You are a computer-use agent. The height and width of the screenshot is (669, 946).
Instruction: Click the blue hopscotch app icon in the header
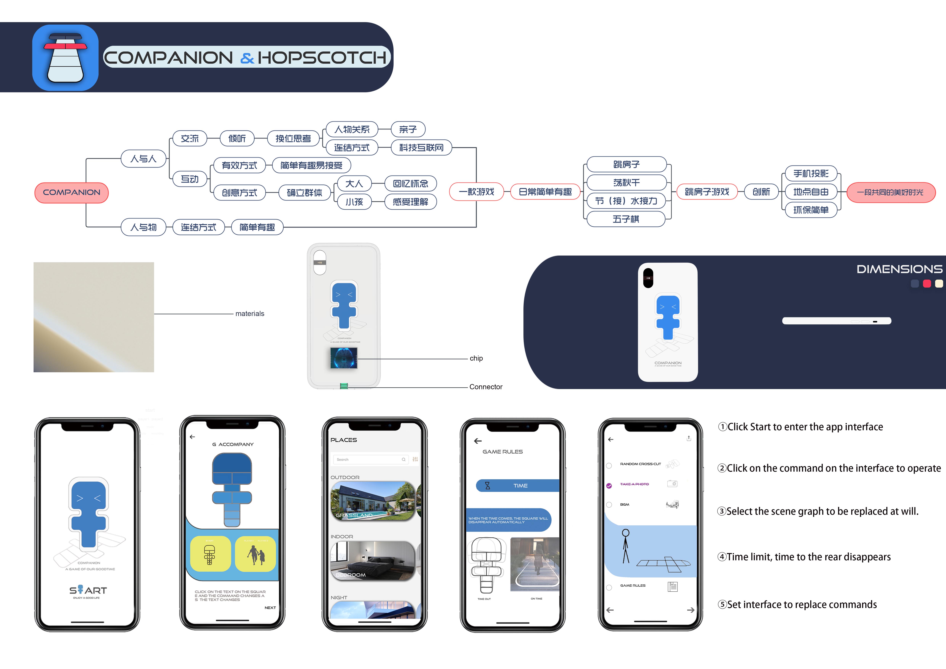click(x=65, y=58)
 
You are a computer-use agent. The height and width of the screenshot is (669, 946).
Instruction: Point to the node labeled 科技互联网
click(x=421, y=147)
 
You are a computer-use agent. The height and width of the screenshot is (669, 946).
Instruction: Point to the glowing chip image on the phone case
click(x=344, y=358)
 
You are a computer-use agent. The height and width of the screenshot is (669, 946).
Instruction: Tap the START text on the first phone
click(x=88, y=590)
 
